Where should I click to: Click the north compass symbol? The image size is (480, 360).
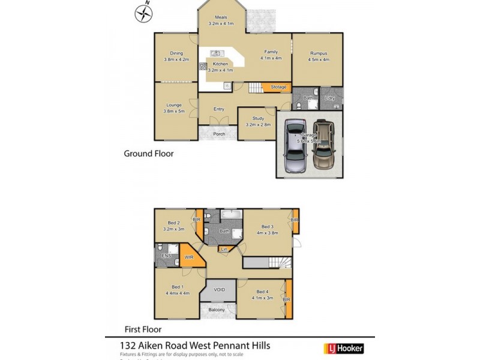(142, 13)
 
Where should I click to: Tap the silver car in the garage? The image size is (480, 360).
(294, 147)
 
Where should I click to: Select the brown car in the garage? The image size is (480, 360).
(322, 146)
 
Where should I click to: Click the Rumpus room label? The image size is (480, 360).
(318, 56)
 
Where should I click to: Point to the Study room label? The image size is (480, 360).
(258, 122)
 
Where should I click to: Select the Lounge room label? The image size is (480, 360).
(174, 108)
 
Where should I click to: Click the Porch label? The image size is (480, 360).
(220, 134)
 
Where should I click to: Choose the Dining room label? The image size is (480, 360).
(176, 56)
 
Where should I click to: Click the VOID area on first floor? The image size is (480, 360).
(219, 290)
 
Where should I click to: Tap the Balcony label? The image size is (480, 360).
(217, 310)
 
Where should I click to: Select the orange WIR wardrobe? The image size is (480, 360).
(188, 257)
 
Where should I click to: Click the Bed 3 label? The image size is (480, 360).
(267, 230)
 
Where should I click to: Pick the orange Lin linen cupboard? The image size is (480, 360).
(224, 248)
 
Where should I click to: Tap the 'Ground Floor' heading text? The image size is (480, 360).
(148, 154)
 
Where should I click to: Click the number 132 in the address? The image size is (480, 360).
(126, 346)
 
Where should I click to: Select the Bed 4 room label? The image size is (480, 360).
(262, 295)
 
